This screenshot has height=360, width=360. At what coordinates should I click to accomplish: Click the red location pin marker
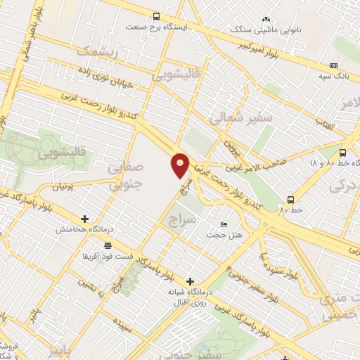click(181, 165)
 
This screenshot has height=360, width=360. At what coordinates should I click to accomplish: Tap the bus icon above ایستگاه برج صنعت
click(156, 16)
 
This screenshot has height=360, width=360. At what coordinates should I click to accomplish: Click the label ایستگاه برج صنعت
click(154, 27)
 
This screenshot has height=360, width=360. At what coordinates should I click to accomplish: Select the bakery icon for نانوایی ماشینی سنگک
click(266, 20)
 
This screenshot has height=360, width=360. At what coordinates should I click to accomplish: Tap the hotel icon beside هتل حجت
click(224, 224)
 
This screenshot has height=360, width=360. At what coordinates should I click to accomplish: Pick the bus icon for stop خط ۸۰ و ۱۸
click(342, 153)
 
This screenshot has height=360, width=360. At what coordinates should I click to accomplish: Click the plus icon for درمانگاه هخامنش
click(85, 219)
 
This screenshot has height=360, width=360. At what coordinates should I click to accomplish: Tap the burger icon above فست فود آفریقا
click(107, 245)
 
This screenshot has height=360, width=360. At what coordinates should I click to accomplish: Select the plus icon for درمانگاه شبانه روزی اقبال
click(189, 281)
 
